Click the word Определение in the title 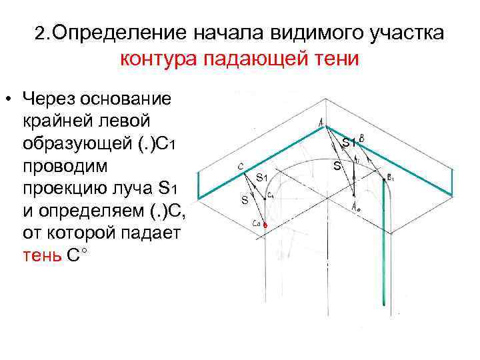[x=119, y=33]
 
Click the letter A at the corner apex [x=322, y=122]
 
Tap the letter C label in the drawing [x=239, y=166]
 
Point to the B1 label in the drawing [x=390, y=178]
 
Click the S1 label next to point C [x=261, y=177]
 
